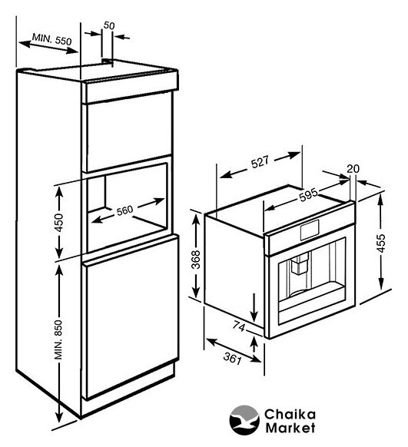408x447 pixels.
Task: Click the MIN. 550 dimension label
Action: (x=51, y=39)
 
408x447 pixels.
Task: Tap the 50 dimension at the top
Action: (x=109, y=25)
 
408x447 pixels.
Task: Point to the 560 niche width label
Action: (x=125, y=210)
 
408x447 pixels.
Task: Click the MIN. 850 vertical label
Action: (x=58, y=339)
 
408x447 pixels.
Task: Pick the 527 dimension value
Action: (x=260, y=161)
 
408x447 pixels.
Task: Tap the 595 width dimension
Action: (x=308, y=194)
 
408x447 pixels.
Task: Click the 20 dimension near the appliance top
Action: (x=353, y=169)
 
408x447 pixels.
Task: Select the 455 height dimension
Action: (x=381, y=243)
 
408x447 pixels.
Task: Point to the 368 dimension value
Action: (x=196, y=259)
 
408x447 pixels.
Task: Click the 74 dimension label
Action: (x=239, y=326)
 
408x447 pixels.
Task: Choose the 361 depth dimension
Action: (x=233, y=358)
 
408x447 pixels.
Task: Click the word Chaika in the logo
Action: (x=290, y=414)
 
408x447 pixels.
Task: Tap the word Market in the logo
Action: (x=290, y=428)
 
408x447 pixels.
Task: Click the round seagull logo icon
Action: (x=244, y=420)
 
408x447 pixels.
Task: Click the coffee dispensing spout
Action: (x=300, y=264)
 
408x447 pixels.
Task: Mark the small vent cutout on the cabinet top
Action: (x=108, y=61)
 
